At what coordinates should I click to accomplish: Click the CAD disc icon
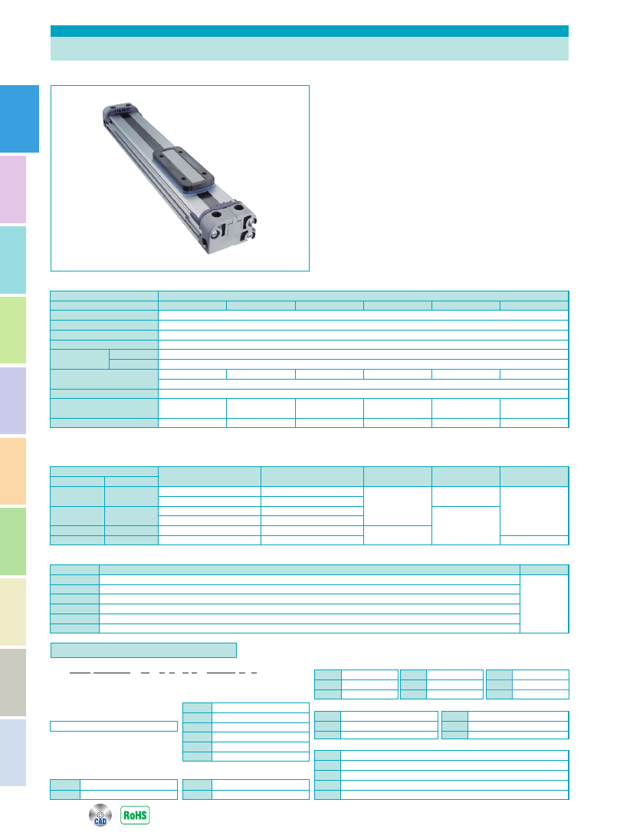(100, 815)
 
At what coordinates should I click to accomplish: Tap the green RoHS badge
(135, 815)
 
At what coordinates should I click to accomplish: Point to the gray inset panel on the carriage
(183, 166)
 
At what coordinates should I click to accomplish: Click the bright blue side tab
(19, 119)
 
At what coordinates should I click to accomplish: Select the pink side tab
(13, 189)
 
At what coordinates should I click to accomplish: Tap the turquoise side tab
(13, 260)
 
